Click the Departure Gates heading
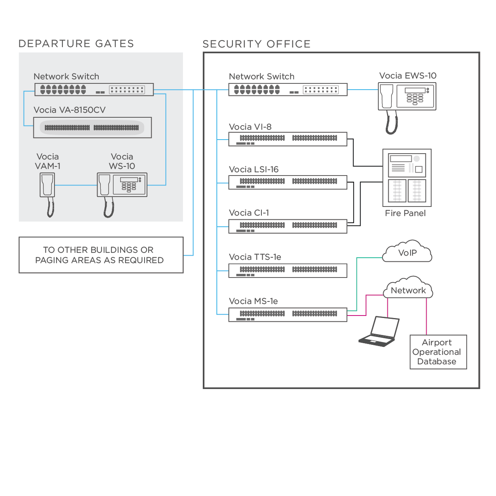coord(76,44)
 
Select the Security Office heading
coord(256,44)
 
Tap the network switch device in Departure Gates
coord(94,90)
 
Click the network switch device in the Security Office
coord(288,90)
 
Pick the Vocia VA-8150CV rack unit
coord(92,128)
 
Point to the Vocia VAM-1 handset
coord(47,186)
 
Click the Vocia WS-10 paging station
coord(122,185)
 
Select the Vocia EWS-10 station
coord(407,97)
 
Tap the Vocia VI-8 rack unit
coord(288,139)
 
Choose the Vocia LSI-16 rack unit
coord(288,183)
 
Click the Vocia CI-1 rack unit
coord(288,226)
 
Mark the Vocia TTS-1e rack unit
coord(288,271)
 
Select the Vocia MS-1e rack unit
coord(288,315)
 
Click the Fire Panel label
coord(405,214)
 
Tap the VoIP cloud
coord(407,253)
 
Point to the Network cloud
coord(408,290)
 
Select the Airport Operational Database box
coord(438,352)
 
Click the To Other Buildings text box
coord(101,255)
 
